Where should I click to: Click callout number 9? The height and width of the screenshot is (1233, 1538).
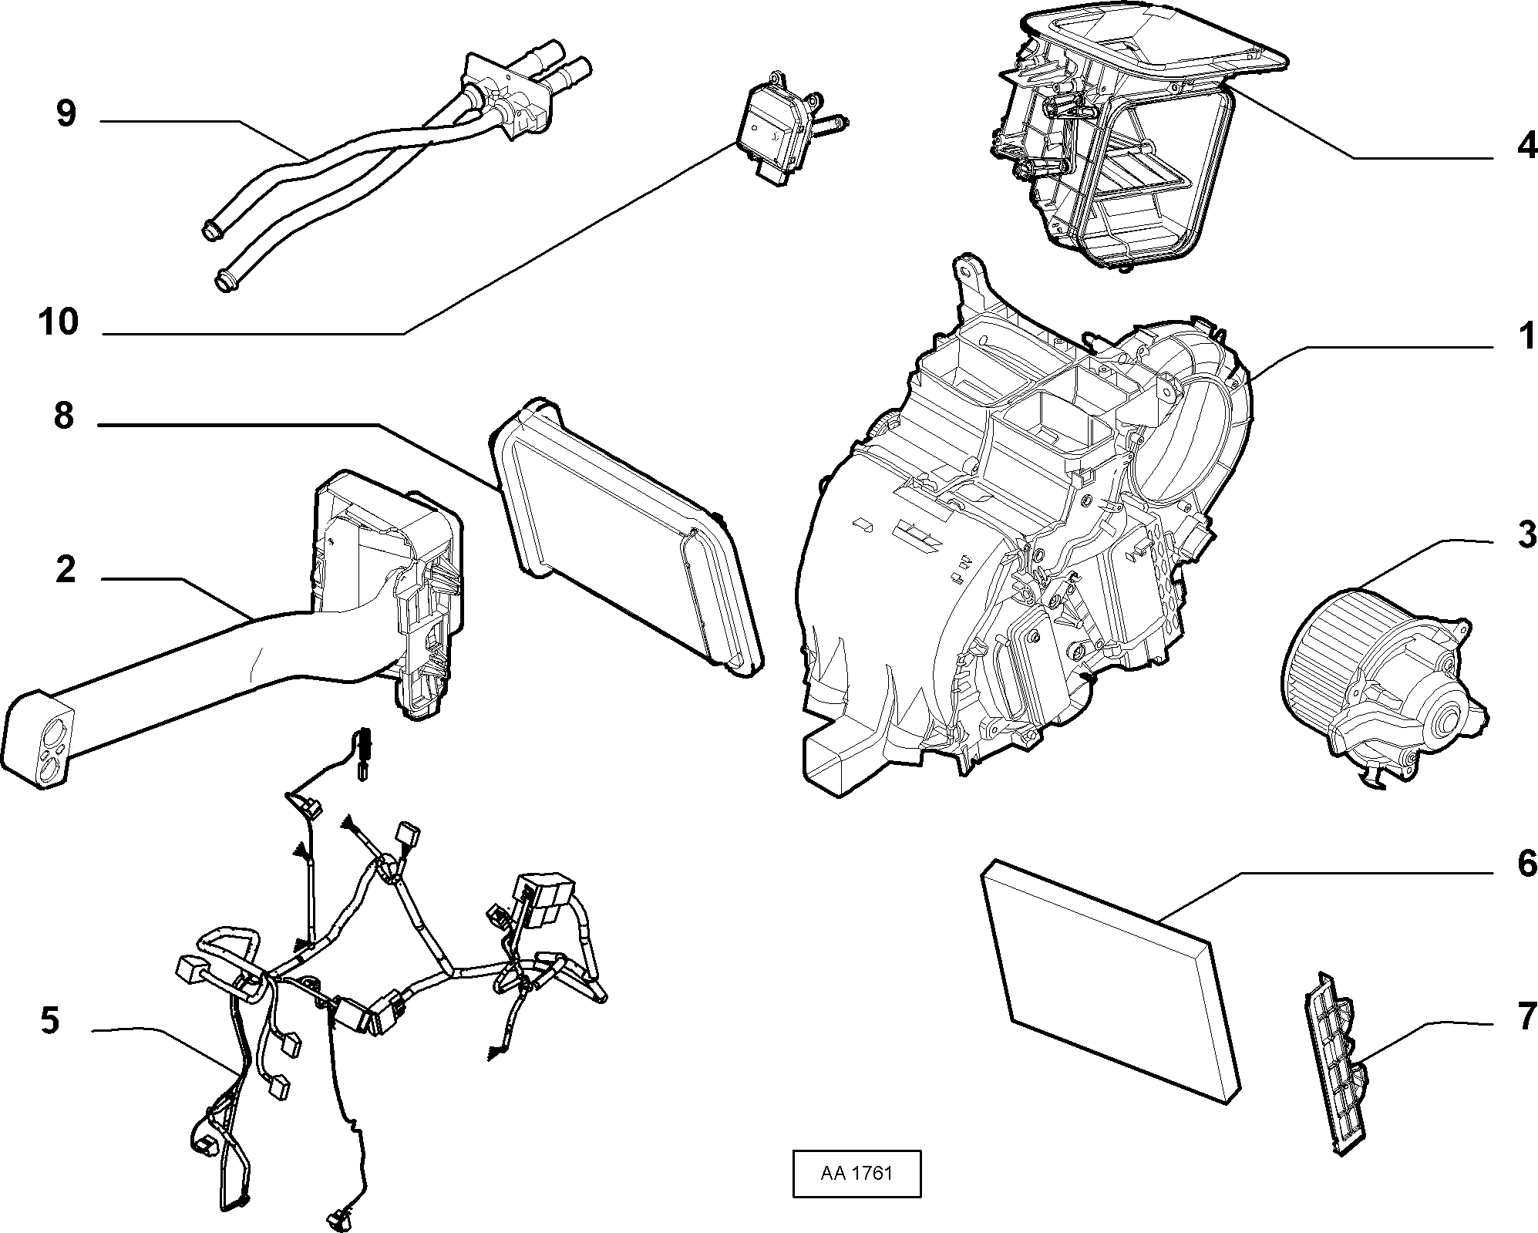pyautogui.click(x=66, y=114)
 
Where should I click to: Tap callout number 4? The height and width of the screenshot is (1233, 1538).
pyautogui.click(x=1526, y=144)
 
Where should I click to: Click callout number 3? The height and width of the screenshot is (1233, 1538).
pyautogui.click(x=1526, y=534)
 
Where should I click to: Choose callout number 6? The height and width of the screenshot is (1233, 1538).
pyautogui.click(x=1526, y=864)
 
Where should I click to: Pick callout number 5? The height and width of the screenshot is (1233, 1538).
pyautogui.click(x=49, y=1021)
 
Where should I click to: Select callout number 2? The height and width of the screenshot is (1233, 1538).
pyautogui.click(x=66, y=570)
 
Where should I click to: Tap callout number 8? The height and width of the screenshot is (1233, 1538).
pyautogui.click(x=64, y=416)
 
